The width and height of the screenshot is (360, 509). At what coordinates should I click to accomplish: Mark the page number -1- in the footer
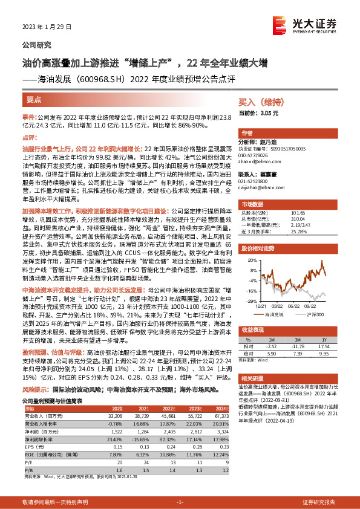click(x=179, y=502)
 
